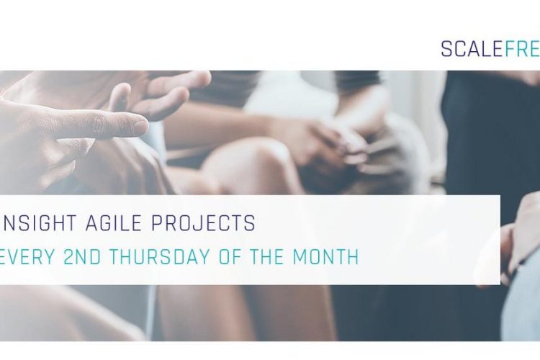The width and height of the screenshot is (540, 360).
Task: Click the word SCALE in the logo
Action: point(472,49)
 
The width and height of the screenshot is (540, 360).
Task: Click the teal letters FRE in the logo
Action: point(523,49)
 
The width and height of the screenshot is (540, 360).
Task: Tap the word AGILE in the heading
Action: point(114,222)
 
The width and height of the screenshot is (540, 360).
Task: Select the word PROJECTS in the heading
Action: point(203,222)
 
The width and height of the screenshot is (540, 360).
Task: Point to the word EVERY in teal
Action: point(27,256)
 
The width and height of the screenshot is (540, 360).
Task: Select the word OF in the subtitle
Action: point(230,256)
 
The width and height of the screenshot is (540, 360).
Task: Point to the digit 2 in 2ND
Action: point(70,256)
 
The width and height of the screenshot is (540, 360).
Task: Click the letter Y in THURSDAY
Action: point(204,256)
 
